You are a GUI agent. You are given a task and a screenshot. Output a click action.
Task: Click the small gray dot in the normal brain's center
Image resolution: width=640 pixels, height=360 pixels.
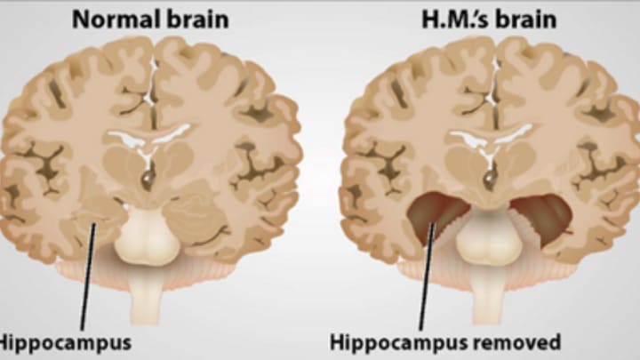pos(147,180)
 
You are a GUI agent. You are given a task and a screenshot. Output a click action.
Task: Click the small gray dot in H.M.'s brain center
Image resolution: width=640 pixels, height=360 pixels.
pos(486,180)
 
